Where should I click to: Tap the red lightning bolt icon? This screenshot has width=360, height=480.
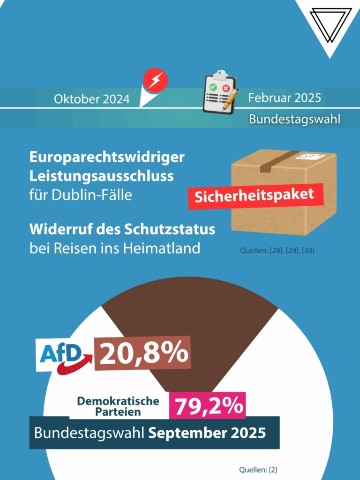(x=155, y=80)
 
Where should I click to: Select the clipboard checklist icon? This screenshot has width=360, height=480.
(x=219, y=94)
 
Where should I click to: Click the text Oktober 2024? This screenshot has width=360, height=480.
(x=92, y=99)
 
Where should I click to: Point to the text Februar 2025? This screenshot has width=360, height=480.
(x=285, y=98)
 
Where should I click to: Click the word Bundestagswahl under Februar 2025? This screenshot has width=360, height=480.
(x=294, y=119)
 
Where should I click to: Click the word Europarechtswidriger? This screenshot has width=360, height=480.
(x=107, y=157)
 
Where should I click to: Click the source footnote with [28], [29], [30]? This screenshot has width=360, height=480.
(x=277, y=251)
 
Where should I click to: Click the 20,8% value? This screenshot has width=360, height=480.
(x=142, y=353)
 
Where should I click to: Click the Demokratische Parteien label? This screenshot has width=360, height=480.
(x=118, y=406)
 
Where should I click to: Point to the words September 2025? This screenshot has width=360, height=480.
(x=207, y=433)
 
